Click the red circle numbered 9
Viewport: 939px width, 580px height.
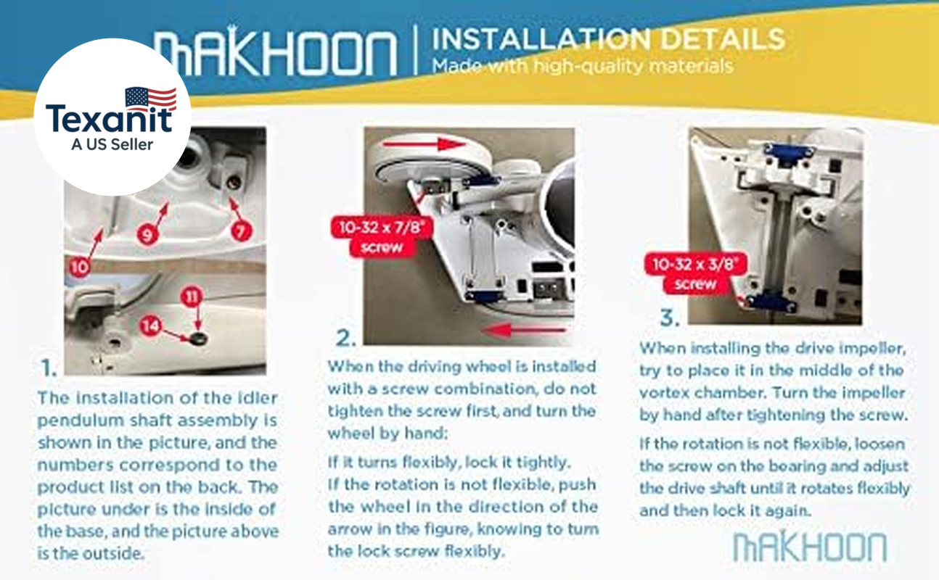[x=147, y=234]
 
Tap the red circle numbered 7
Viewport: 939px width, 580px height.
[x=241, y=231]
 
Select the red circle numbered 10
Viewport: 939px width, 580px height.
[x=79, y=266]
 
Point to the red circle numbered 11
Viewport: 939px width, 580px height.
[x=192, y=297]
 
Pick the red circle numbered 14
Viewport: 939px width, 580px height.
[x=150, y=326]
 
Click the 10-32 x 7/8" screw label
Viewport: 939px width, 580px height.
[x=382, y=236]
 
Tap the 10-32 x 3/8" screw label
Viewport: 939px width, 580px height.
[x=695, y=273]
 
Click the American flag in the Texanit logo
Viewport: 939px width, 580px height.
[x=151, y=99]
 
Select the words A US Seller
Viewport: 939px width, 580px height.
[x=112, y=144]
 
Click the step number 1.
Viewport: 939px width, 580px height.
[x=48, y=368]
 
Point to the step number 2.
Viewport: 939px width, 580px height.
[x=345, y=338]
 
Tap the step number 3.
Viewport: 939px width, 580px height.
[x=670, y=317]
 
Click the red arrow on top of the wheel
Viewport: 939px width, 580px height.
[x=424, y=144]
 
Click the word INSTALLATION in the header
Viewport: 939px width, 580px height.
[x=541, y=39]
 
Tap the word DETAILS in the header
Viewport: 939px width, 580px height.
[x=722, y=39]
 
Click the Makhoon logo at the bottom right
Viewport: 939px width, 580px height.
[x=809, y=547]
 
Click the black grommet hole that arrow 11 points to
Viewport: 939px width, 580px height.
[x=198, y=339]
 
